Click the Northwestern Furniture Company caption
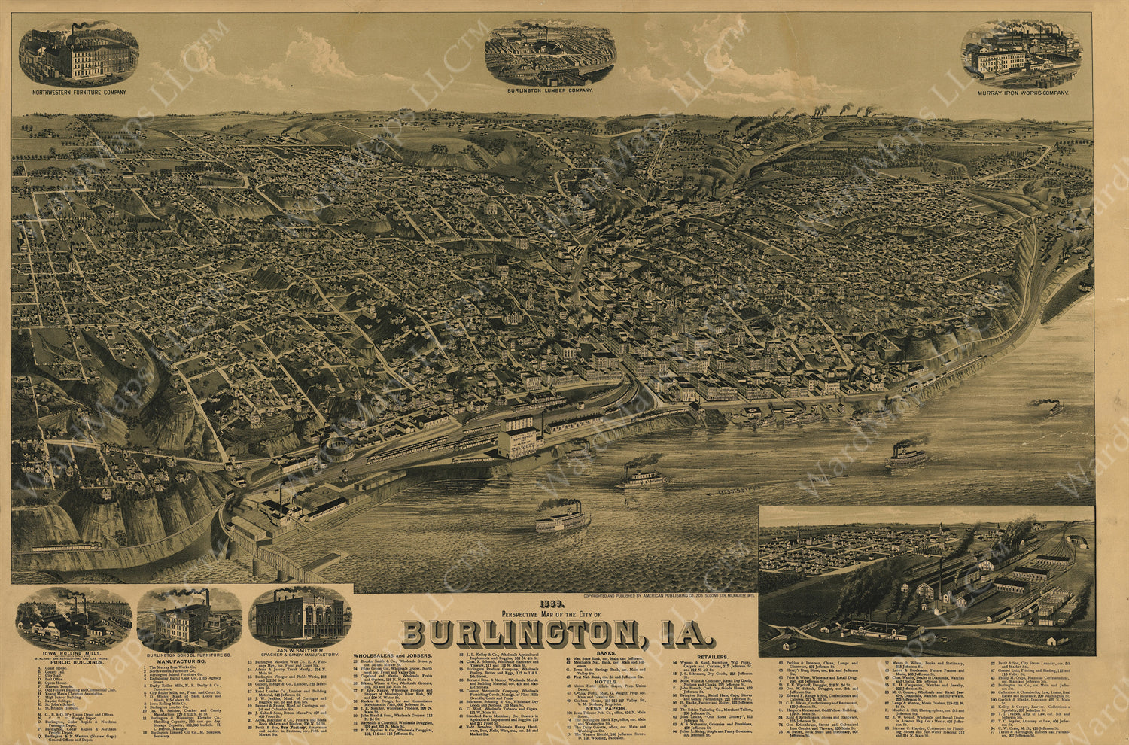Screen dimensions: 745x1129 (x=79, y=93)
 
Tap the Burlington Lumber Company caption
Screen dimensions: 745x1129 (x=549, y=90)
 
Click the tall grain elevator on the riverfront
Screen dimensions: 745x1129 (x=517, y=435)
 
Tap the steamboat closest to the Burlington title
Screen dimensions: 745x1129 (x=562, y=518)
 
